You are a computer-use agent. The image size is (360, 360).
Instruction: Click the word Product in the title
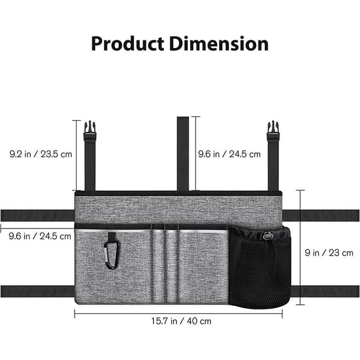(x=127, y=44)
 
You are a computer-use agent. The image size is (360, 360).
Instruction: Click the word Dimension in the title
(x=219, y=44)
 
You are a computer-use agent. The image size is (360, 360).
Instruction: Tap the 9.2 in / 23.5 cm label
(x=41, y=154)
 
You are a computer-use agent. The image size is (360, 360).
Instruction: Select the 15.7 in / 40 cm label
(x=181, y=321)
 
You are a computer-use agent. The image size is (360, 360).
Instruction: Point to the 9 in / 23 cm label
(x=329, y=253)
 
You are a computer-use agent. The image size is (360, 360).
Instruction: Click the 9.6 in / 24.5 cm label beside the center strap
(x=229, y=154)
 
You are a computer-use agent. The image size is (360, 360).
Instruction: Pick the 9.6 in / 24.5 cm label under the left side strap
(x=40, y=236)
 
